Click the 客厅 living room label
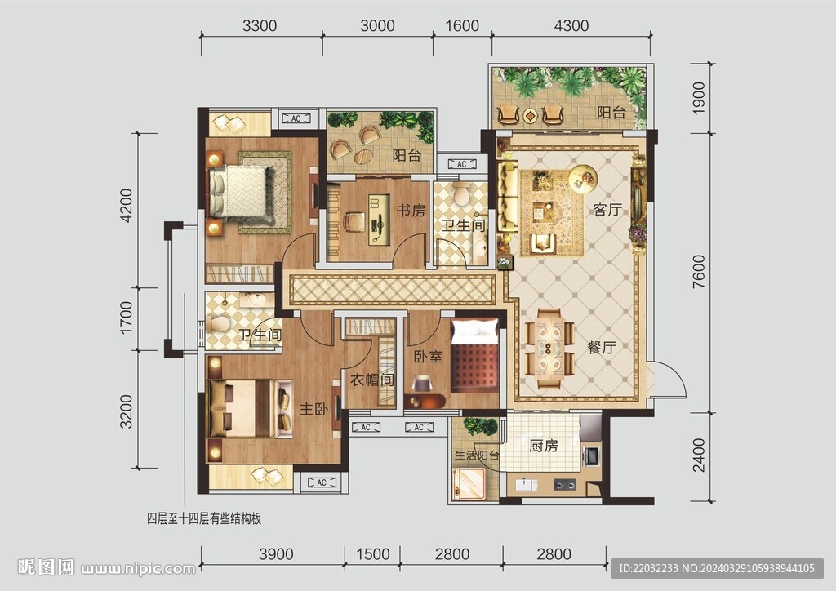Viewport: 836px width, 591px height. [607, 210]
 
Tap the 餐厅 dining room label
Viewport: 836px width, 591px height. [602, 348]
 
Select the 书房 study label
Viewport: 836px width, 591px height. [411, 211]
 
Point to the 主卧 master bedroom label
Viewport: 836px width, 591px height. [313, 409]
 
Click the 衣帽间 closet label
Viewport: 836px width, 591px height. [372, 380]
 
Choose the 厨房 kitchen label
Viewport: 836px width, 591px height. [543, 445]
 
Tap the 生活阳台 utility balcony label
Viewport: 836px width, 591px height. [477, 455]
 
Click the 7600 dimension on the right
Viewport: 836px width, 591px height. [699, 271]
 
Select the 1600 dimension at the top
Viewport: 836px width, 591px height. [462, 25]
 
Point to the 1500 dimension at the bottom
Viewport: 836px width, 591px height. [372, 554]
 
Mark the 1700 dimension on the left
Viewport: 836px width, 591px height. [126, 318]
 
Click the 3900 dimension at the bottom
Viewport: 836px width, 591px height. [276, 554]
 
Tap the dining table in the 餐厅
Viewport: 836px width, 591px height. [549, 348]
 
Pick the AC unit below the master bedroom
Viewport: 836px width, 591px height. [322, 482]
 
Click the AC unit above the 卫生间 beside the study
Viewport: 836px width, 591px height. [462, 164]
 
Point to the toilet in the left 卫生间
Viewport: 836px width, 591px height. [220, 323]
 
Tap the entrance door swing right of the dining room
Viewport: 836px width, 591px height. [668, 379]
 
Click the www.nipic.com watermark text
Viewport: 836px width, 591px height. [137, 568]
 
